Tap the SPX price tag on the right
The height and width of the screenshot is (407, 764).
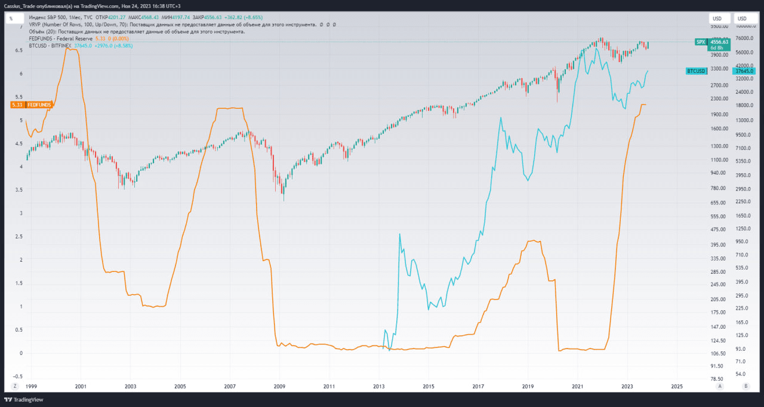point(701,42)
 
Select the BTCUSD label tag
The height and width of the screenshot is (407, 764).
point(696,71)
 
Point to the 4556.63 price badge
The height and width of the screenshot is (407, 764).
point(719,42)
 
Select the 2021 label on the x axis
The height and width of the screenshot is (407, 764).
point(578,386)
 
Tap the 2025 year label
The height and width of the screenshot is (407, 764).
point(677,386)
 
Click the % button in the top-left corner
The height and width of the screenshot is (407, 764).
point(11,19)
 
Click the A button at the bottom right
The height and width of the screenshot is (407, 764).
point(720,386)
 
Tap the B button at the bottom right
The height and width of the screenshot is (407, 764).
point(745,386)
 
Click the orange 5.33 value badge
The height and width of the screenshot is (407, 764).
point(17,105)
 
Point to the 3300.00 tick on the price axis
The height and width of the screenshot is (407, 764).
point(719,69)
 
